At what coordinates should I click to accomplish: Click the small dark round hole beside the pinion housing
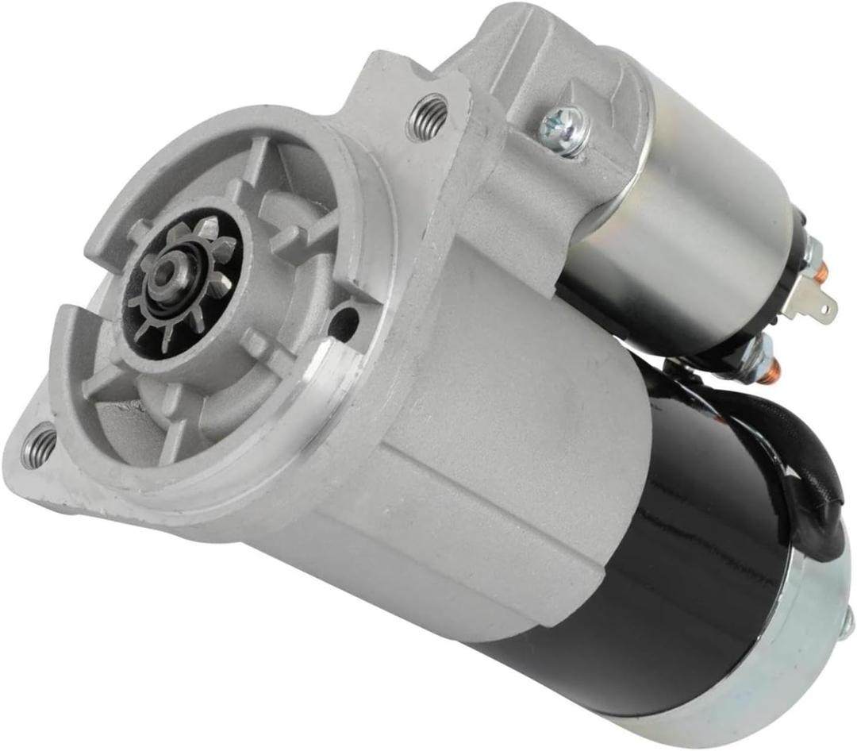pyautogui.click(x=344, y=322)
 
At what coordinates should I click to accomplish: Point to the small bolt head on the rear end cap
pyautogui.click(x=847, y=627)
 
